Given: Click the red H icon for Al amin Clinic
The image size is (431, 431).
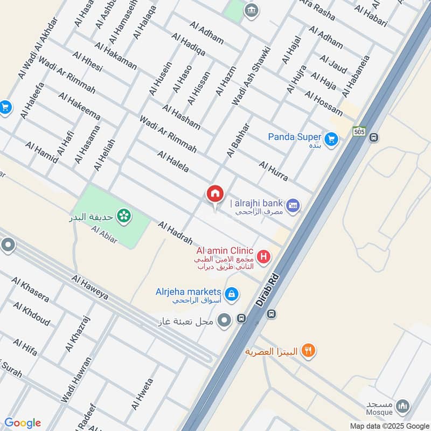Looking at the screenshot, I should tap(263, 256).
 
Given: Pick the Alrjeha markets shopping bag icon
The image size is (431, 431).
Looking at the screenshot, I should tap(231, 294).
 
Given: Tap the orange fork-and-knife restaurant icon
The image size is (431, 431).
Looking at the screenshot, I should tap(308, 351).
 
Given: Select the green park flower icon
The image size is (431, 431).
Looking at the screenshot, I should tap(124, 215).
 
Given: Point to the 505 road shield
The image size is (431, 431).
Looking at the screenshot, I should tap(359, 131).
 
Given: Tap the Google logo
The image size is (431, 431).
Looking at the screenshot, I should tap(23, 423).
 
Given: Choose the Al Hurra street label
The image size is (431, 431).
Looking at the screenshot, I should tap(273, 171).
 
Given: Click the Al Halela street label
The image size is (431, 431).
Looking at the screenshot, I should tap(173, 162).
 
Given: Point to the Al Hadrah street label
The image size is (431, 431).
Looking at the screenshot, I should tap(175, 231).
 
